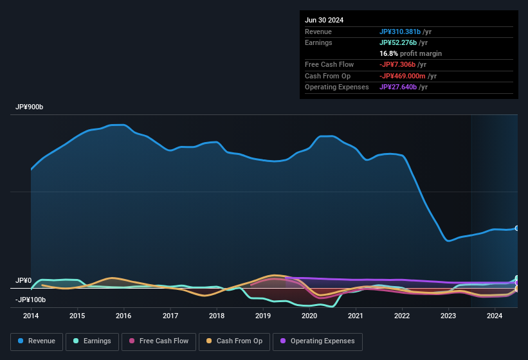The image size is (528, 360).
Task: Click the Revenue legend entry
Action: click(x=37, y=341)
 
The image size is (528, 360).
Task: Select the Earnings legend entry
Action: click(x=91, y=341)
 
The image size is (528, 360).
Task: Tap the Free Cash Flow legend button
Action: click(x=159, y=341)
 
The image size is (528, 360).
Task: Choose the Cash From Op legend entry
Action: click(x=234, y=341)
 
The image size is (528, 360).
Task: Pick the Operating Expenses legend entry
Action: click(x=318, y=341)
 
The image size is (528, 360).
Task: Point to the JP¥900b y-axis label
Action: click(x=30, y=107)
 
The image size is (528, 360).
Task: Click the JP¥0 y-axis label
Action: click(x=24, y=281)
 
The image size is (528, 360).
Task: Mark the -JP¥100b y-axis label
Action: click(x=30, y=300)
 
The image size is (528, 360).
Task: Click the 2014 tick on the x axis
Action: click(x=31, y=316)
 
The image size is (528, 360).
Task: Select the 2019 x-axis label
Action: click(x=263, y=316)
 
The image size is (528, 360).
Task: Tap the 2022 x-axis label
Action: click(x=402, y=316)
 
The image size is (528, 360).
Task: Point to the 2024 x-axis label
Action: click(x=495, y=316)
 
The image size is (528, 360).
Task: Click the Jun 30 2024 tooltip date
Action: click(x=324, y=20)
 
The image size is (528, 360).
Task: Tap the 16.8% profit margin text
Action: click(x=410, y=53)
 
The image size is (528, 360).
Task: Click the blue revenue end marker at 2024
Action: click(x=517, y=228)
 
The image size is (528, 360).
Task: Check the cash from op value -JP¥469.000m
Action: click(x=407, y=76)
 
